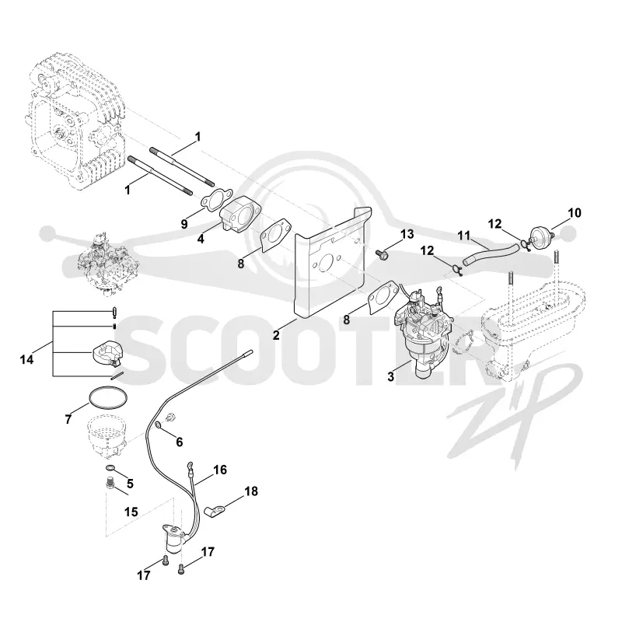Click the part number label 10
pyautogui.click(x=574, y=213)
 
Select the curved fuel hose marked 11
pyautogui.click(x=490, y=254)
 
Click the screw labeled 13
pyautogui.click(x=382, y=254)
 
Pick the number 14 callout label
pyautogui.click(x=27, y=360)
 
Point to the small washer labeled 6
pyautogui.click(x=158, y=425)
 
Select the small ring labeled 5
pyautogui.click(x=110, y=468)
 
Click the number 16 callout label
pyautogui.click(x=220, y=470)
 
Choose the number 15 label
pyautogui.click(x=131, y=512)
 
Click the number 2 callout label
pyautogui.click(x=276, y=335)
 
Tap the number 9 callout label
pyautogui.click(x=184, y=224)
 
